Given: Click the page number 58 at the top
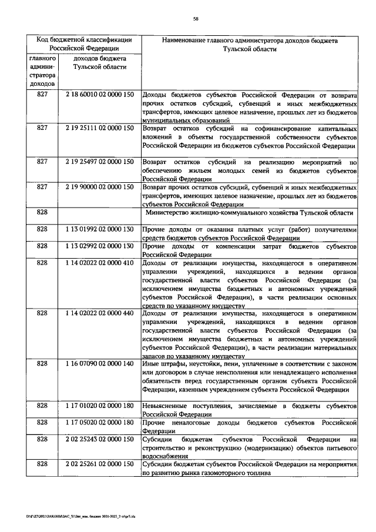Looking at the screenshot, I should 196,19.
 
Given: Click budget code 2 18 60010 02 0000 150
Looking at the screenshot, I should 100,95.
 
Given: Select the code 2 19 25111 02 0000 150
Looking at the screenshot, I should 100,128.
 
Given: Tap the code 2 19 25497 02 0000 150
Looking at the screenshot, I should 100,161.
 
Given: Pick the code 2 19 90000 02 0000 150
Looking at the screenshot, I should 100,187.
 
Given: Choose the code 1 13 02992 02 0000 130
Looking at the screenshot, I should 100,246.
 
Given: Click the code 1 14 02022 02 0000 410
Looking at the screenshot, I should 100,263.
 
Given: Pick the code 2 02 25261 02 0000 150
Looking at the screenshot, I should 100,464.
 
